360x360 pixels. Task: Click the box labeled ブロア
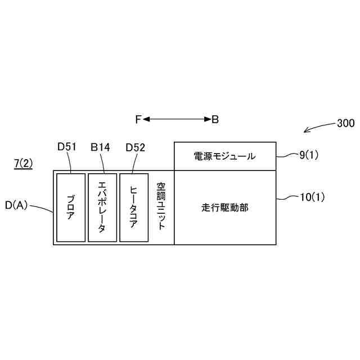(x=71, y=208)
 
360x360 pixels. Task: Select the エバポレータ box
(x=102, y=208)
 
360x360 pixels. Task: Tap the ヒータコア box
(x=134, y=208)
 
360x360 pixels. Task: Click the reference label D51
(x=67, y=147)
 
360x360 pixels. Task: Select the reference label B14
(x=100, y=147)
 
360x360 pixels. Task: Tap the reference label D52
(x=136, y=147)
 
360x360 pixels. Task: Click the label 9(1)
(x=308, y=156)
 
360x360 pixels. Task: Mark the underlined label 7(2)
(x=23, y=164)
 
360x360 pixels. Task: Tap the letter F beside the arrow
(x=138, y=119)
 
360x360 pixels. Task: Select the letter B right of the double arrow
(x=215, y=119)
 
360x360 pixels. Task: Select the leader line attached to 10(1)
(x=287, y=197)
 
